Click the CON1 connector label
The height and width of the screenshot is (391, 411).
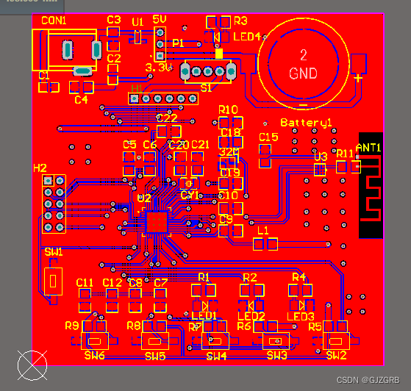[54, 21]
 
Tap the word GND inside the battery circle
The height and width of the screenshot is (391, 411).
[303, 73]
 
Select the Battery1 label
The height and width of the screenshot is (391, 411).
[306, 122]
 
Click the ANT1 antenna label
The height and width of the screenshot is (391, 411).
[369, 148]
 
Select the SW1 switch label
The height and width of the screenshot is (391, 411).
[54, 252]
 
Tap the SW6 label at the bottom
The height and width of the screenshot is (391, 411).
[95, 356]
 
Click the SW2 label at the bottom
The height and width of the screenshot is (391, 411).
[336, 356]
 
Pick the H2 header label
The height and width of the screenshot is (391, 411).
[40, 168]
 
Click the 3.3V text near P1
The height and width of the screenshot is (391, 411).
[160, 68]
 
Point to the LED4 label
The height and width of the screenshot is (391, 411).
[247, 36]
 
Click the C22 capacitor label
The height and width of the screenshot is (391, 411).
[168, 118]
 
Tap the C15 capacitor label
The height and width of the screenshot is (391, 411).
[269, 137]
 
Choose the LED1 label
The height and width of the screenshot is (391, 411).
[203, 316]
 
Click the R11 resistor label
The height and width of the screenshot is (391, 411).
[345, 153]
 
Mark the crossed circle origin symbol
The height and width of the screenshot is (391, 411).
[32, 365]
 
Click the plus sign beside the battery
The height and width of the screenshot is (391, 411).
[357, 78]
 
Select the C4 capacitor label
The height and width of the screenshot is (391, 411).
[81, 99]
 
